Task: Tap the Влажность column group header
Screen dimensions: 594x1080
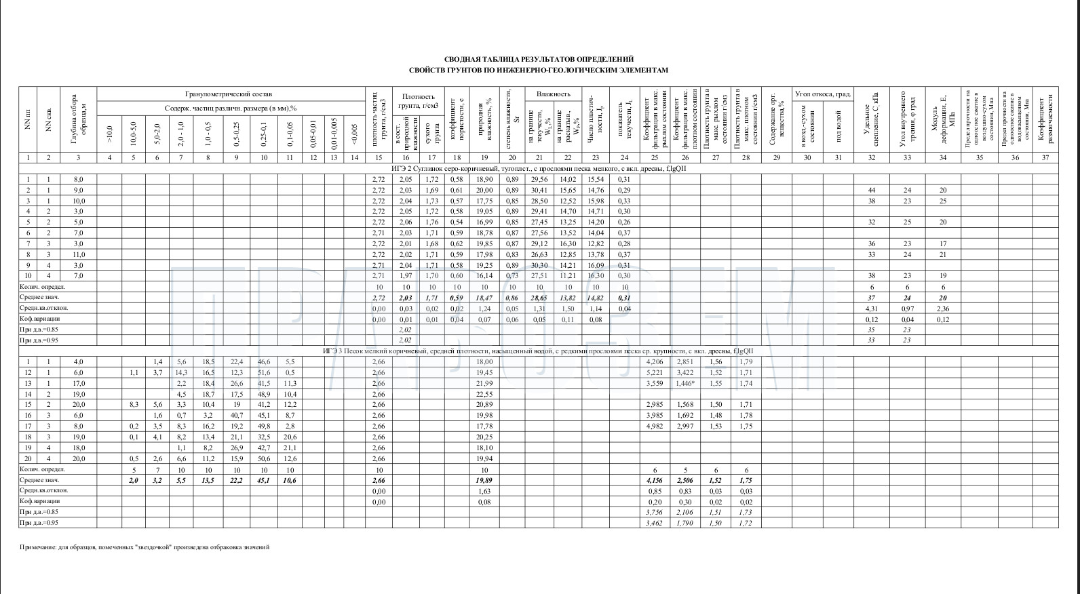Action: tap(554, 94)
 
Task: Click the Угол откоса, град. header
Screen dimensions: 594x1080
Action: tap(822, 94)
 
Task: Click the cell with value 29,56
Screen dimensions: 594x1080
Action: tap(539, 180)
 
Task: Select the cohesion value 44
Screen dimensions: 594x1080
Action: tap(872, 191)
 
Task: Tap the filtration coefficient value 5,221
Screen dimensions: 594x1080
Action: tap(655, 373)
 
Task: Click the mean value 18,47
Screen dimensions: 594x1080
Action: tap(484, 298)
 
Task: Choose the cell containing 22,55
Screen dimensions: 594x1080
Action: tap(484, 394)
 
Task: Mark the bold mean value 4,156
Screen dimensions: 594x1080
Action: tap(655, 480)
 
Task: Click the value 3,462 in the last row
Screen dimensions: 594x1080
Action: tap(655, 523)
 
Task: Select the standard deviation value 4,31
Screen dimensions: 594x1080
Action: tap(872, 309)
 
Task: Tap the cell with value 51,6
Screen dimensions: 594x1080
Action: tap(264, 373)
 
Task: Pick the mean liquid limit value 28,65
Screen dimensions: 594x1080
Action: tap(539, 298)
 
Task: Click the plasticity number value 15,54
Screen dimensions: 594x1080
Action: tap(595, 180)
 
